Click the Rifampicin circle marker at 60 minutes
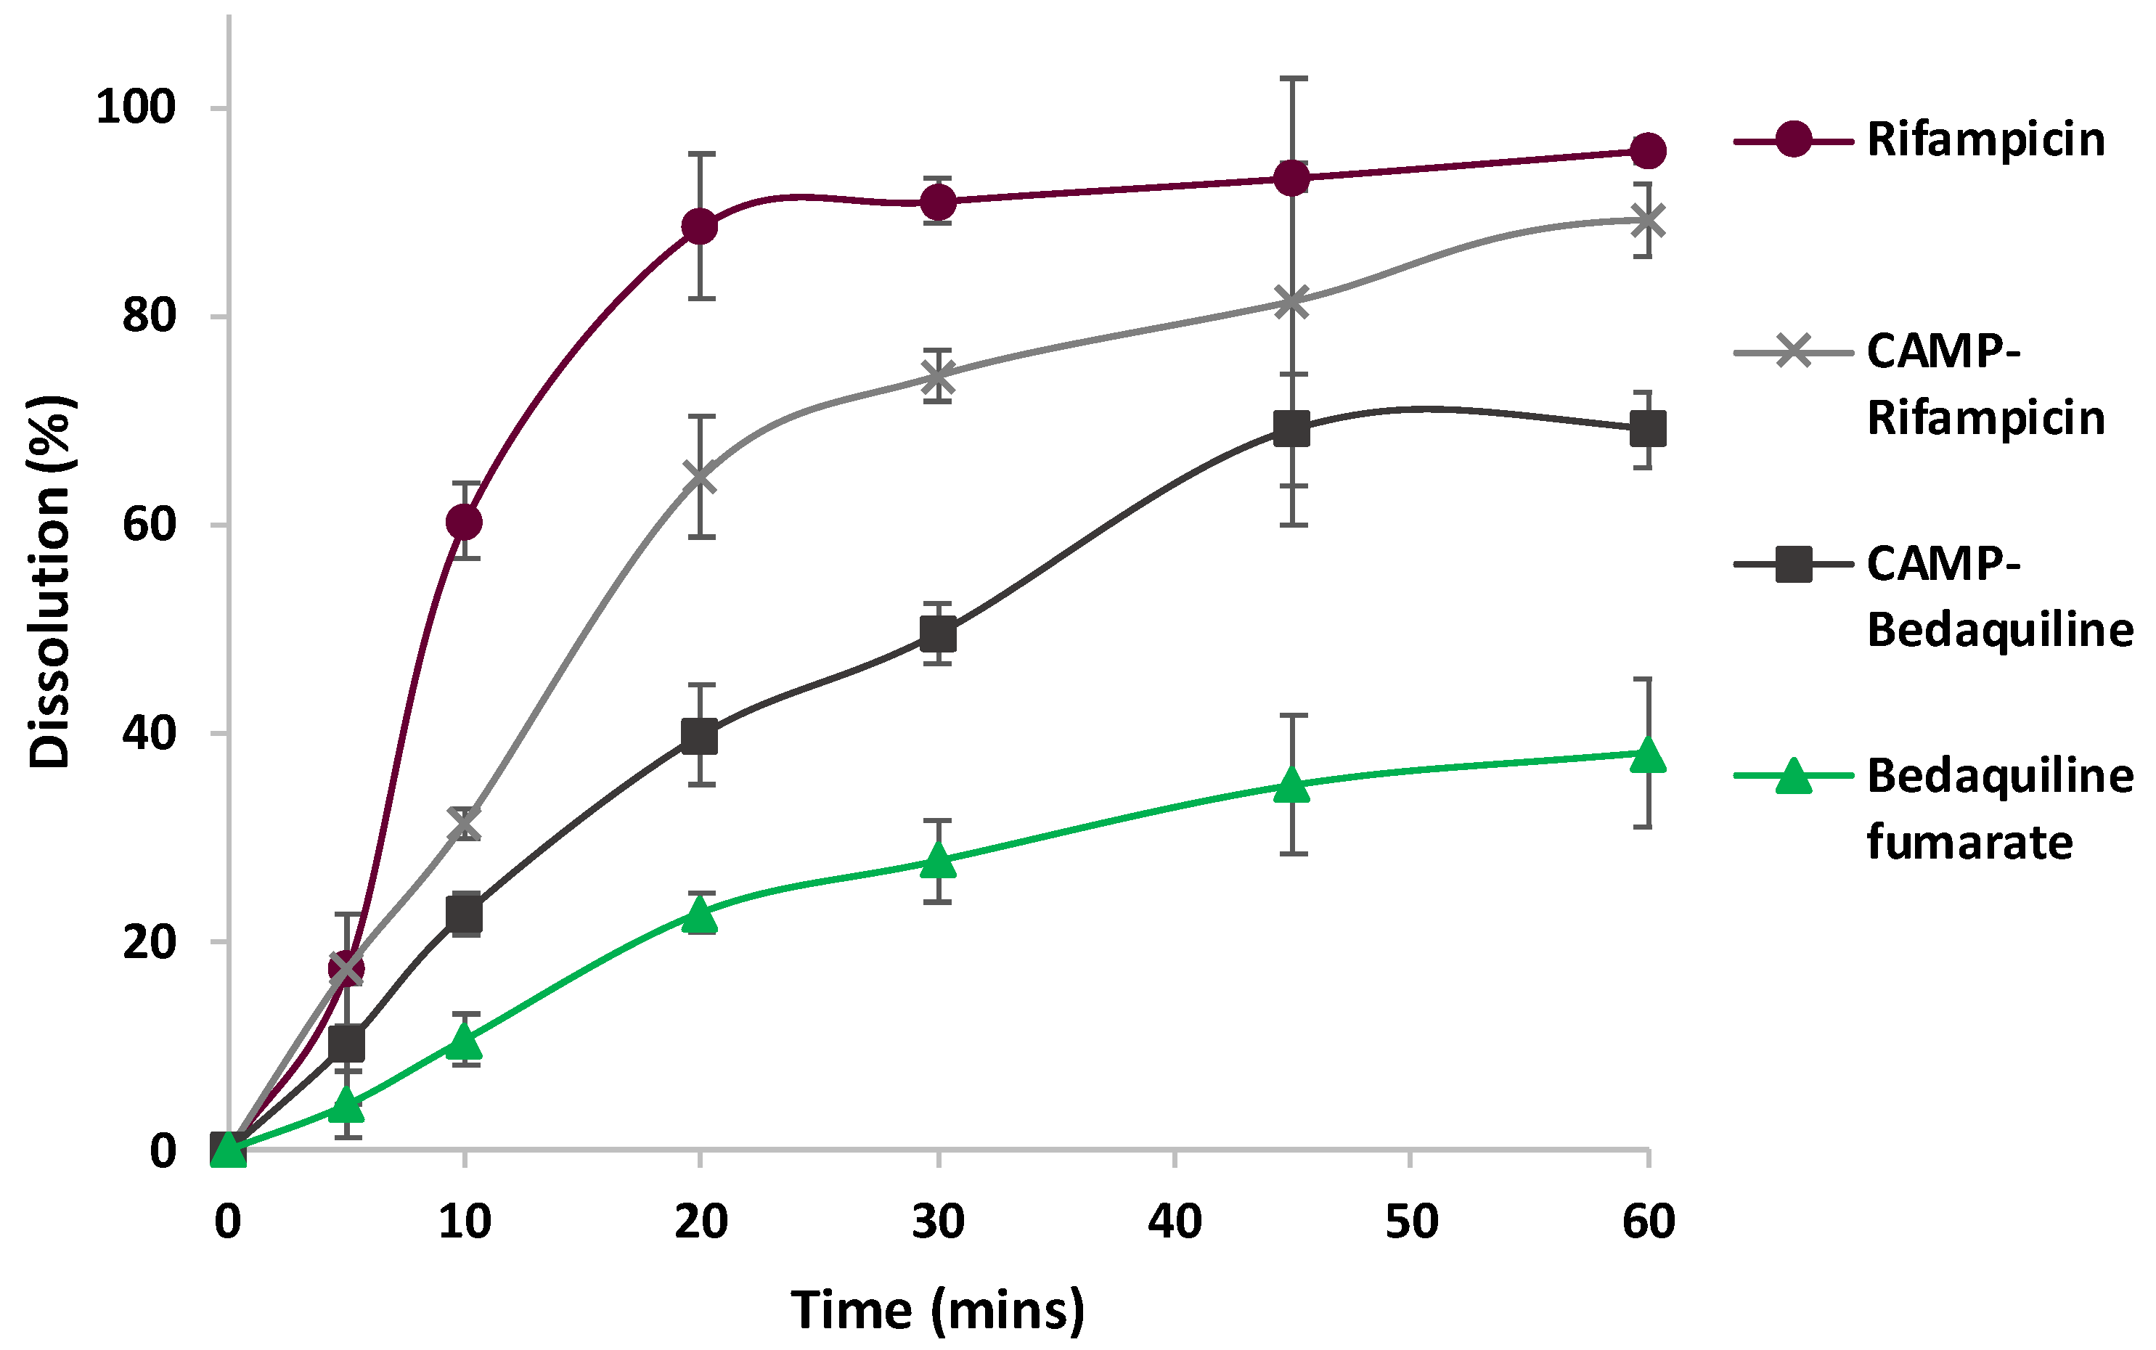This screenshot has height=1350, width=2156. point(1647,150)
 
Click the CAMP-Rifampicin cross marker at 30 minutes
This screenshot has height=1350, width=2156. point(937,376)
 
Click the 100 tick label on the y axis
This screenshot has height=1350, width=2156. point(136,107)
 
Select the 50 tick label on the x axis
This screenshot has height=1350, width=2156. point(1411,1222)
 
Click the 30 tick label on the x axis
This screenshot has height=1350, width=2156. point(937,1222)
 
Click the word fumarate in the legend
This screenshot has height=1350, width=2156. point(1969,842)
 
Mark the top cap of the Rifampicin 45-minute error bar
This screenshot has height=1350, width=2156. point(1293,78)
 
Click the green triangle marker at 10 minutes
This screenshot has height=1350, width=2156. point(465,1040)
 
